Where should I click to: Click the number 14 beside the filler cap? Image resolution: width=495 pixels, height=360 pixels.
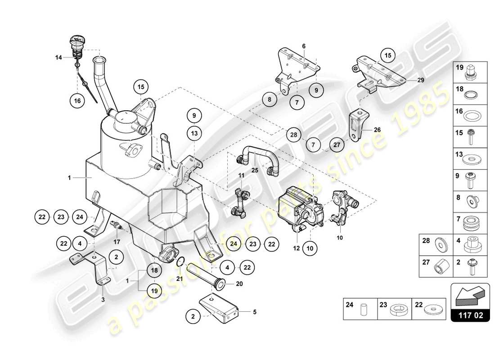(x=58, y=57)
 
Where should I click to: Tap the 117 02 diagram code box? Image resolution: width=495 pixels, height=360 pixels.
(x=470, y=315)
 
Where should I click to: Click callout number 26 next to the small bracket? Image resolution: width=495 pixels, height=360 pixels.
(x=377, y=130)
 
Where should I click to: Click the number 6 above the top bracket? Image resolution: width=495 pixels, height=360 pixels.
(x=304, y=46)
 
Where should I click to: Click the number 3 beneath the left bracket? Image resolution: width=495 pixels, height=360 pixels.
(x=103, y=299)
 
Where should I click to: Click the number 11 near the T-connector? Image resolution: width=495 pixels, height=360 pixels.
(x=241, y=175)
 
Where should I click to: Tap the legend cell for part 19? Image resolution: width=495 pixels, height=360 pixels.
(x=470, y=72)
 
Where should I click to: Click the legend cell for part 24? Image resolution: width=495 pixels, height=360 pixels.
(x=360, y=309)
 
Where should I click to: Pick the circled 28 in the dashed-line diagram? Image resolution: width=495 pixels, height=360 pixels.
(x=293, y=135)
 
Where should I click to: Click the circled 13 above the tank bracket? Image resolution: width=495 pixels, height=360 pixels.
(x=194, y=133)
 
